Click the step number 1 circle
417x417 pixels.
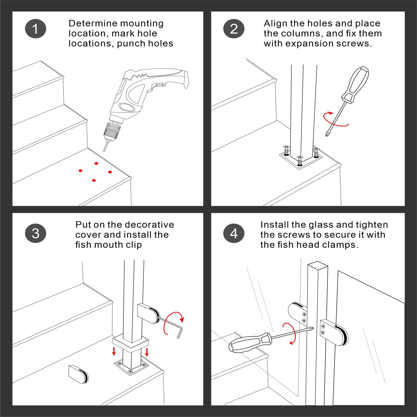click(x=35, y=29)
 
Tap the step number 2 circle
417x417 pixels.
click(x=234, y=29)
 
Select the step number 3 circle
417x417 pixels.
click(x=35, y=233)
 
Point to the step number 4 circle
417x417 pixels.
click(x=234, y=233)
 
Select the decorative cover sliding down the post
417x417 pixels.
click(x=131, y=343)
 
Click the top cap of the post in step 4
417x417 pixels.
click(x=317, y=265)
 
